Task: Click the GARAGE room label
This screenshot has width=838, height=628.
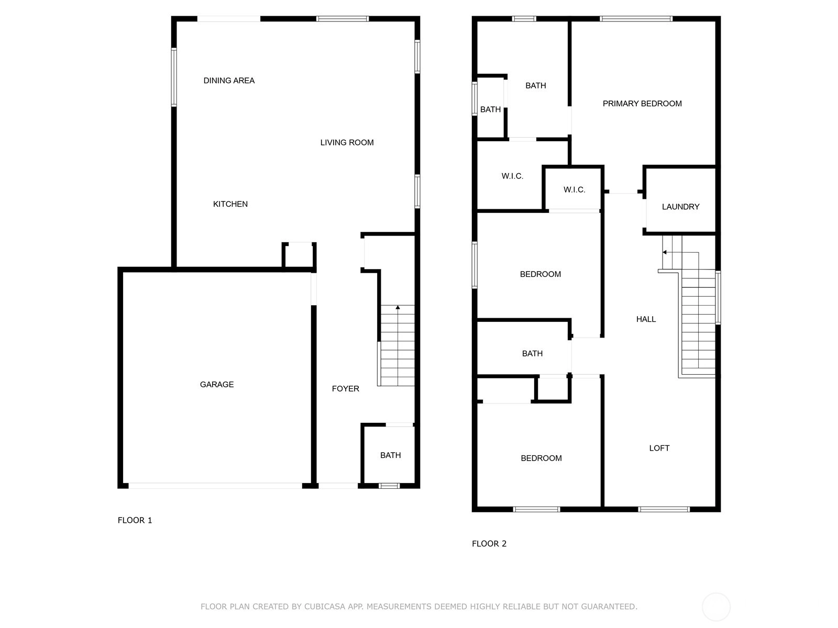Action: pos(216,384)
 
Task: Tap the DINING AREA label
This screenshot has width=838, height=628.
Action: pos(229,81)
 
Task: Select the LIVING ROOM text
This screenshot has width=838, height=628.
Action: pos(347,142)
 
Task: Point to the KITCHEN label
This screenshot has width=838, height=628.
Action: pos(230,204)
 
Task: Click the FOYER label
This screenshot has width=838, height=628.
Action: pos(345,388)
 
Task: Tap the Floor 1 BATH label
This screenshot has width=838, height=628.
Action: pos(390,455)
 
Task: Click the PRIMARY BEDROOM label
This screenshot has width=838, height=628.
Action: pos(642,104)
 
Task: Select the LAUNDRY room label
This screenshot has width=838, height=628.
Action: pos(680,207)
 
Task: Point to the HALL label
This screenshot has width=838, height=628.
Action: pos(646,319)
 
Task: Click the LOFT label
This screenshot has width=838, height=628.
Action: pos(659,448)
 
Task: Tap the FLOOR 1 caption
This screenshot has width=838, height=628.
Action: pos(135,521)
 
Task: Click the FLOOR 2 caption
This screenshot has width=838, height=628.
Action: pos(489,544)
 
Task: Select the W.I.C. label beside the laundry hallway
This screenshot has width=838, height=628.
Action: pos(574,189)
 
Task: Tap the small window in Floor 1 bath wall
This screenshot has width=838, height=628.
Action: pos(389,486)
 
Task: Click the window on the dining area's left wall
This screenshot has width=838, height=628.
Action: pos(174,77)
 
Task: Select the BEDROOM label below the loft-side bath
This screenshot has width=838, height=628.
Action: pos(541,458)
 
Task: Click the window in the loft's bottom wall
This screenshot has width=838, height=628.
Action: pos(664,509)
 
